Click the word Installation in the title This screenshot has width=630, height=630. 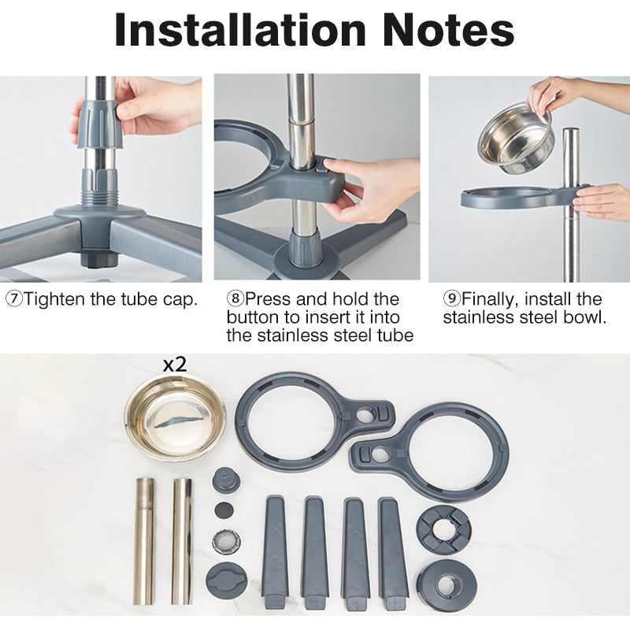click(x=240, y=31)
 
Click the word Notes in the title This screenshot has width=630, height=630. click(x=448, y=31)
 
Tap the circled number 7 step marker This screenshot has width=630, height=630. click(x=14, y=299)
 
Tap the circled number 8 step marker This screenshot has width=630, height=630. click(x=235, y=299)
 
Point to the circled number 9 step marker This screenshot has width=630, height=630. click(x=452, y=299)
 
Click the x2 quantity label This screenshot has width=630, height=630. click(x=175, y=365)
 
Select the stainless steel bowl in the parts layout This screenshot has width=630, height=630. click(x=176, y=418)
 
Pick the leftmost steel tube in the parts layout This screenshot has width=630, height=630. click(x=144, y=541)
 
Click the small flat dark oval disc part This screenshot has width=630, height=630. click(x=224, y=510)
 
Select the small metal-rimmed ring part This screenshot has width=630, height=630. click(x=226, y=541)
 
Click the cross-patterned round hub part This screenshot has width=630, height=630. click(x=443, y=530)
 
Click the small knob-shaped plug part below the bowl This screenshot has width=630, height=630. click(x=227, y=480)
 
